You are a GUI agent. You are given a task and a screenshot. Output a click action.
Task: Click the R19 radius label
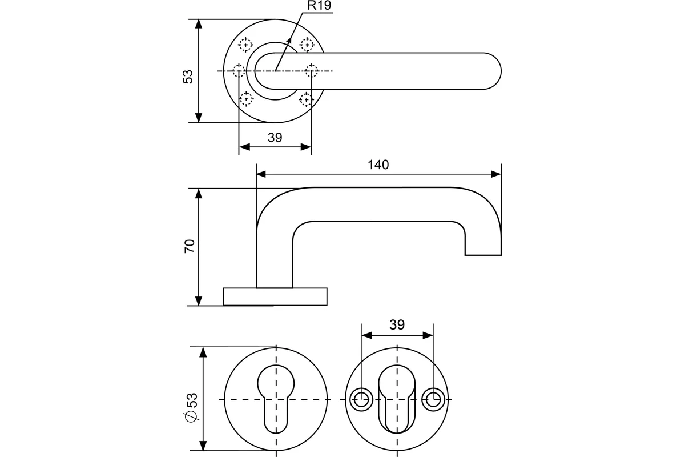319,6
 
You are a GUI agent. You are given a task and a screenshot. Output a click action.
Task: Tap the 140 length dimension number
378,165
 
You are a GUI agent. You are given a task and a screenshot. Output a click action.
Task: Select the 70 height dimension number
190,246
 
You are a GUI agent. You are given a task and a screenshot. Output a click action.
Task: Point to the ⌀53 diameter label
191,407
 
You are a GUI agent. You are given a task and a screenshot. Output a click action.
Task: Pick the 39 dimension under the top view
275,137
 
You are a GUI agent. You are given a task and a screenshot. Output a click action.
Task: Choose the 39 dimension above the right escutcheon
397,324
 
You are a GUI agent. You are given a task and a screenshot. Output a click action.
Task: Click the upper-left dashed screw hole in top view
246,43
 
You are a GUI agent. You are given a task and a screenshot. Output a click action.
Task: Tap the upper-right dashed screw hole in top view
307,43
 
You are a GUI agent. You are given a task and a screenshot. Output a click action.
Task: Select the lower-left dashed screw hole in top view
246,99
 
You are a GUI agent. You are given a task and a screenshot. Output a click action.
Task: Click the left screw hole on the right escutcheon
360,399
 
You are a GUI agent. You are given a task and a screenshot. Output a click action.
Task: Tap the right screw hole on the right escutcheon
433,399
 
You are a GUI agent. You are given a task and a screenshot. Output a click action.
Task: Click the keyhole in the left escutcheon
276,394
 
